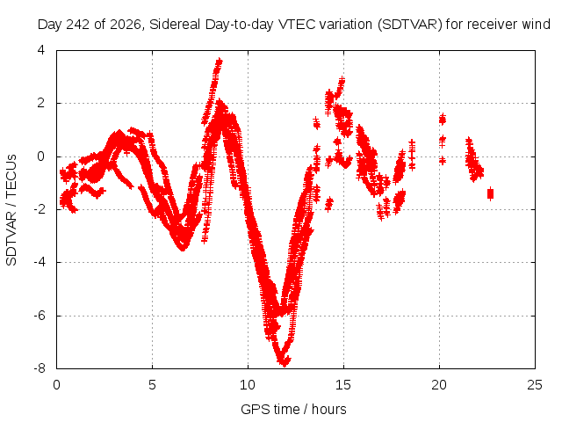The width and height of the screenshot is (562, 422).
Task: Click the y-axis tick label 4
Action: coord(41,50)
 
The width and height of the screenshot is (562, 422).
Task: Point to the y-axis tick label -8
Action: coord(40,368)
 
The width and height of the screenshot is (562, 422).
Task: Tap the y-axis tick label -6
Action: coord(40,316)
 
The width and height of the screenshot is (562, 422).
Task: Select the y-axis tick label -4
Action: coord(40,262)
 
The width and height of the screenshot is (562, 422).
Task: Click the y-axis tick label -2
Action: coord(40,209)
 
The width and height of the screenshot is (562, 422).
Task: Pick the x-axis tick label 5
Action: coord(152,385)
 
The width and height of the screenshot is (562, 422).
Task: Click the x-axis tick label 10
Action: coord(248,385)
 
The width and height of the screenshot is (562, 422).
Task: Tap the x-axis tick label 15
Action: coord(343,385)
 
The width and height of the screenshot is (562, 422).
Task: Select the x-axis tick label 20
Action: coord(439,385)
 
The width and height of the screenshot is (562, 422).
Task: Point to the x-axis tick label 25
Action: coord(535,385)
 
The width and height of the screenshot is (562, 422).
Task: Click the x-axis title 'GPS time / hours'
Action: coord(293,410)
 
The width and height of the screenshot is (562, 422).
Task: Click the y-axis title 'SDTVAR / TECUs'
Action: coord(11,210)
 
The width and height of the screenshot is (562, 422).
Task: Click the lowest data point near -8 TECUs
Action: coord(285,363)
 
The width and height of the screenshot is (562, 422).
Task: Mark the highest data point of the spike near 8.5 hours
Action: coord(219,62)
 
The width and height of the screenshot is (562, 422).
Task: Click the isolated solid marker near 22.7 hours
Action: coord(490,193)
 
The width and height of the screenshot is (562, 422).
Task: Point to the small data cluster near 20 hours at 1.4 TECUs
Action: coord(443,120)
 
